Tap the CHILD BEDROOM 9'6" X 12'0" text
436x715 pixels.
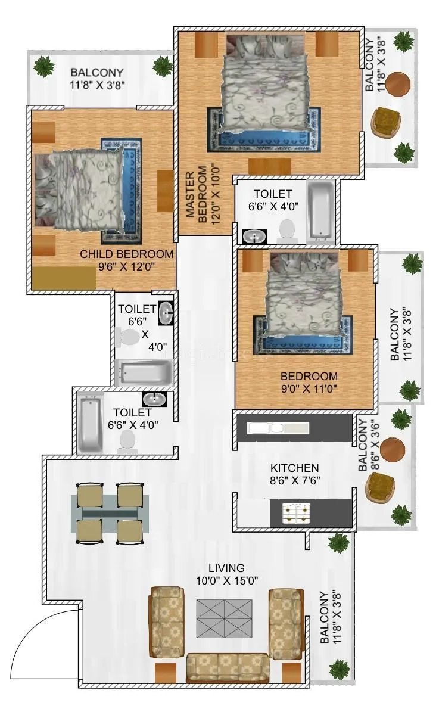point(127,260)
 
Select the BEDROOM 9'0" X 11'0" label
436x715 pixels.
point(309,383)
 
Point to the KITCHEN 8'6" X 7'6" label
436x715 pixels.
point(294,474)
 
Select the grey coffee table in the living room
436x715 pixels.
point(225,618)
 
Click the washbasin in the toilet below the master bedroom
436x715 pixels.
point(255,237)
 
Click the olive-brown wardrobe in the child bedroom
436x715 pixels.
point(64,278)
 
